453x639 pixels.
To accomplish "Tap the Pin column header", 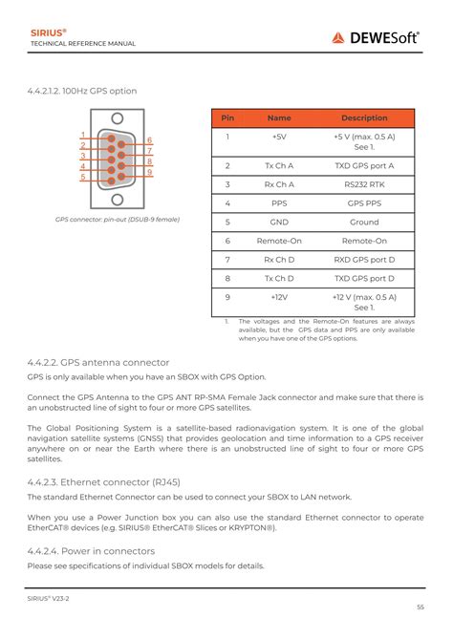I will point(227,118).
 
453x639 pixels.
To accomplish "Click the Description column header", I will point(364,118).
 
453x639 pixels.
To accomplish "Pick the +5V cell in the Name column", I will point(279,138).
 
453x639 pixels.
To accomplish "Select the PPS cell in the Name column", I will point(279,203).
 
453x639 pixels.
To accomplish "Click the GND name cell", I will point(279,222).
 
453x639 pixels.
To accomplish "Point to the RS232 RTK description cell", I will point(364,184).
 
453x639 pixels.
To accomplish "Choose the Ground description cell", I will point(364,222).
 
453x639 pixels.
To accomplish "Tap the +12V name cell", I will point(279,297).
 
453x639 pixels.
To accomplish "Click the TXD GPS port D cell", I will point(364,278).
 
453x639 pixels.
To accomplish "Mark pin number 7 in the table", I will point(227,260).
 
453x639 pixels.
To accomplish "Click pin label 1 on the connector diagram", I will point(83,135).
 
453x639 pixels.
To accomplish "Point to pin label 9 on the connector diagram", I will point(150,172).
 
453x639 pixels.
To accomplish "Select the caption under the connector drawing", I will point(117,220).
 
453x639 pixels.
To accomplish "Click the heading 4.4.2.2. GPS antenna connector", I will point(97,362).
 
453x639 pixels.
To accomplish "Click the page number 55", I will point(420,608).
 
